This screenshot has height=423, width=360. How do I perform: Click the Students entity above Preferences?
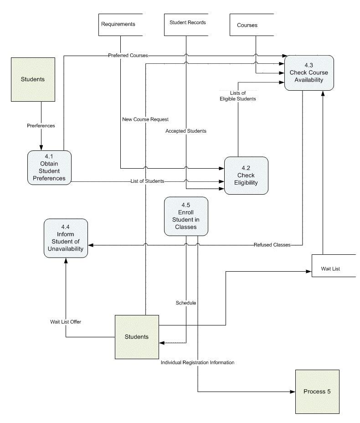(x=33, y=79)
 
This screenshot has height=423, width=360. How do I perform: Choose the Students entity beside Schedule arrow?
(x=137, y=337)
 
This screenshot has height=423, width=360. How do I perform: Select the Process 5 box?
(x=317, y=392)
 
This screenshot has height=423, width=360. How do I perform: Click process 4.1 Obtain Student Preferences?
(x=49, y=168)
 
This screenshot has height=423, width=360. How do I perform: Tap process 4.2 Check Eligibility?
(x=246, y=176)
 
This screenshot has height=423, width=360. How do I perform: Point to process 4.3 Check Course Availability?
(x=309, y=72)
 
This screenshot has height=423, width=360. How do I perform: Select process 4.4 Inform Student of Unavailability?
(x=66, y=238)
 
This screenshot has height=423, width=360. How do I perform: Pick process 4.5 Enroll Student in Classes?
(x=186, y=216)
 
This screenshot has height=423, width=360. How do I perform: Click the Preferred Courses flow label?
(x=128, y=56)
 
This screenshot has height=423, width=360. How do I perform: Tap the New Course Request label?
(x=145, y=119)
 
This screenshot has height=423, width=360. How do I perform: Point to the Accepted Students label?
(x=186, y=131)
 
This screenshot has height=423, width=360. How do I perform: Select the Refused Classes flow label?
(x=272, y=245)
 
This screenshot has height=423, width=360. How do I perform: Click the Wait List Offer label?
(x=66, y=322)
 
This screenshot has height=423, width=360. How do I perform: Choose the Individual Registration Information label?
(x=197, y=363)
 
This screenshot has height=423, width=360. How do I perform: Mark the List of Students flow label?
(x=147, y=181)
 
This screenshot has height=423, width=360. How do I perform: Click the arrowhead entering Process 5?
(x=292, y=392)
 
